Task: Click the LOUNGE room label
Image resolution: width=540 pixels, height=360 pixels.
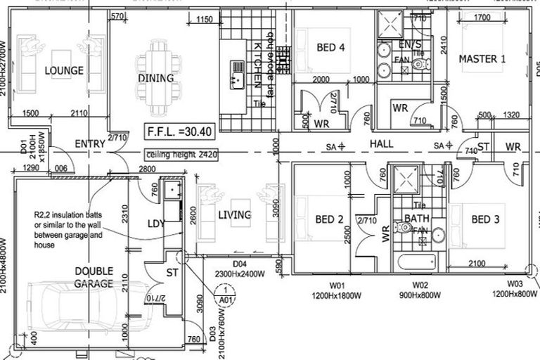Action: click(64, 70)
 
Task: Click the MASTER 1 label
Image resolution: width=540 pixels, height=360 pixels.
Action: click(482, 59)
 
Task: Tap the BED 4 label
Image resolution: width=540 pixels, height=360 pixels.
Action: click(330, 48)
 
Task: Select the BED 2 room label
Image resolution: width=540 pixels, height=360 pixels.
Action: click(329, 220)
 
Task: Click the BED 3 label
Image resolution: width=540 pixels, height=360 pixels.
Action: click(485, 220)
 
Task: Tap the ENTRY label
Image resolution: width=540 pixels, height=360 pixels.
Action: click(90, 144)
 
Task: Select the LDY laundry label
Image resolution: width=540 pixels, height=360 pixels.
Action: click(155, 223)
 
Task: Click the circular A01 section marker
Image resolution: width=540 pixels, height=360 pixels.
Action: click(224, 294)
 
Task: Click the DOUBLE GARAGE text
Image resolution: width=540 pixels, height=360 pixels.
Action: click(94, 276)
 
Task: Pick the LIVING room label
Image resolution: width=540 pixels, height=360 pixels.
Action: click(234, 214)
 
